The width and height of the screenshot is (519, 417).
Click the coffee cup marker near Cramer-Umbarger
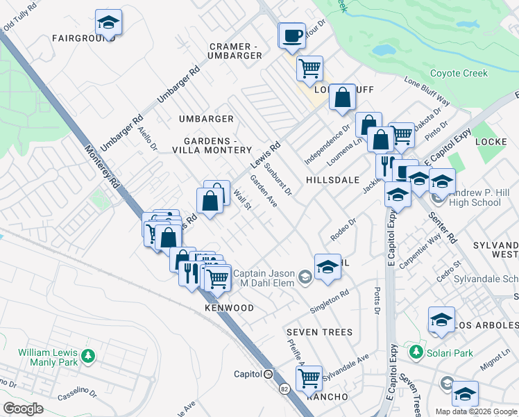pos(292,35)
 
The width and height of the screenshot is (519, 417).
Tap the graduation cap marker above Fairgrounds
pos(108,24)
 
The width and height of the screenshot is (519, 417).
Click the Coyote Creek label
pos(459,73)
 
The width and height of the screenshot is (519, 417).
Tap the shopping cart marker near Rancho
pos(309,379)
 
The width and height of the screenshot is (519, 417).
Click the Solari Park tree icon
pos(416,352)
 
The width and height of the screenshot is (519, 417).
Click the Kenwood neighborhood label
pos(229,307)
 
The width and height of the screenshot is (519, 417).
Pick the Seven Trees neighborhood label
pos(321,332)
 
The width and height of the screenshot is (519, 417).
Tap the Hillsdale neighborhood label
pos(332,179)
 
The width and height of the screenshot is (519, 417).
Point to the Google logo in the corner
pos(23,409)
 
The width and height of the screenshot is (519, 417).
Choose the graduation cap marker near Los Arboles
pos(441,320)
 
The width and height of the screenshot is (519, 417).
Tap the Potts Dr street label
pos(377,297)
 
